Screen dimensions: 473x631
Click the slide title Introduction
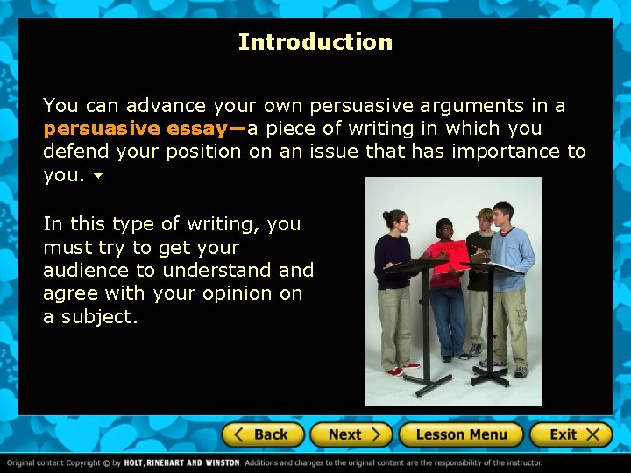(315, 42)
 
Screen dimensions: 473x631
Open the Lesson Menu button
(461, 434)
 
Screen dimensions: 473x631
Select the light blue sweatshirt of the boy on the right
(513, 250)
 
